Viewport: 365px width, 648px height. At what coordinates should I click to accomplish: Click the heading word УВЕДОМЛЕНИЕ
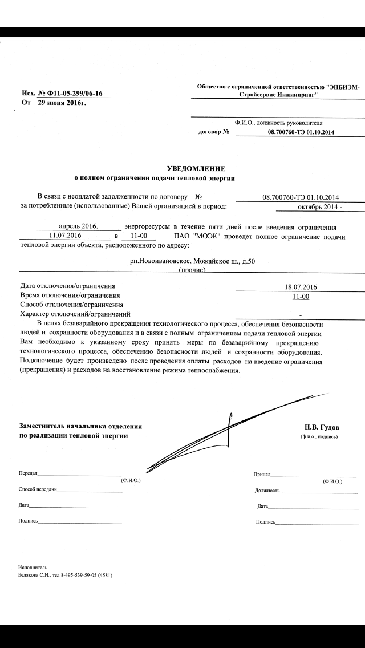(x=196, y=169)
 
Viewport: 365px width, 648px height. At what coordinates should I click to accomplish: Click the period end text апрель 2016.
(x=79, y=226)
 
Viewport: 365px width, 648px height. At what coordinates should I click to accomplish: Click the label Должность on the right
(x=267, y=490)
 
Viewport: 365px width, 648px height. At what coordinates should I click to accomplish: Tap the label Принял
(x=262, y=474)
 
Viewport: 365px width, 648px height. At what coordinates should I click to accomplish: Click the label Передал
(x=28, y=474)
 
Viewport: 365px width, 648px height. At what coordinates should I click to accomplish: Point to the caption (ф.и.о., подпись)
(x=319, y=436)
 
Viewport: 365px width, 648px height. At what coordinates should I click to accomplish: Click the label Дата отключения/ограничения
(x=67, y=286)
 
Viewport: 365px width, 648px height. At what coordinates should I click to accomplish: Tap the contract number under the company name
(x=301, y=132)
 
